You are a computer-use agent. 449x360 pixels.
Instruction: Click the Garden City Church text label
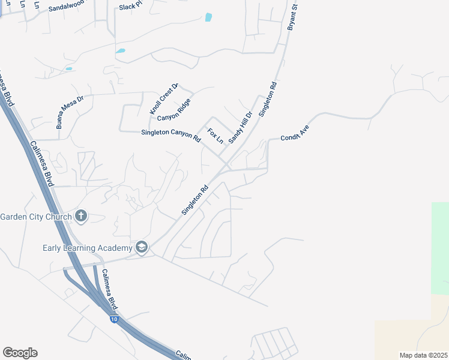tap(35, 217)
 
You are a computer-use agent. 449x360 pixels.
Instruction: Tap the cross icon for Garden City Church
tap(82, 216)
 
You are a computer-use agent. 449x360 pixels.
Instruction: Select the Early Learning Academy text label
tap(87, 248)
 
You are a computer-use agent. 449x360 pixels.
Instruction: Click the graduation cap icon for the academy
tap(142, 247)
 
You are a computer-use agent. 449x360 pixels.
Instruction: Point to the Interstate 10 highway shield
tap(114, 319)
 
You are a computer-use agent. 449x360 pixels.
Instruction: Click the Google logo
tap(20, 353)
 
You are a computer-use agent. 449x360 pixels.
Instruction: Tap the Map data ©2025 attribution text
tap(424, 355)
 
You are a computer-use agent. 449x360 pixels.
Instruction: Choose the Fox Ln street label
tap(215, 136)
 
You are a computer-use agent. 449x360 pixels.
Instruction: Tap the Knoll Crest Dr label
tap(164, 99)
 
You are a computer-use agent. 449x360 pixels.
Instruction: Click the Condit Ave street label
tap(295, 134)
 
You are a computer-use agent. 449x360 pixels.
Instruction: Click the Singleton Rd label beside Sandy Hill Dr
tap(268, 99)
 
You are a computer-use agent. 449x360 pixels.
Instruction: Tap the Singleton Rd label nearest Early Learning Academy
tap(194, 200)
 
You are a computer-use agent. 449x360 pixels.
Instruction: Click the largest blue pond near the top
tap(208, 17)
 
